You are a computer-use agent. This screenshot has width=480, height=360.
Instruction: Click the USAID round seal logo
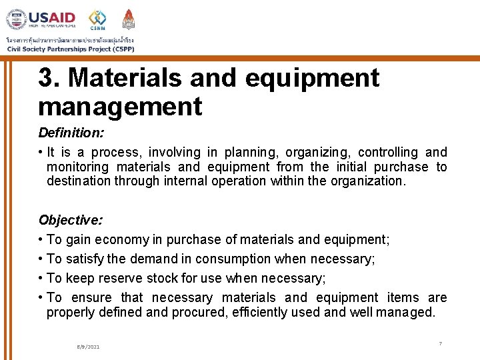coord(16,19)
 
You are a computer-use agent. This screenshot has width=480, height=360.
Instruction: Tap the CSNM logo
coord(97,19)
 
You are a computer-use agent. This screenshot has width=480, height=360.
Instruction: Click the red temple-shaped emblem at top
coord(128,19)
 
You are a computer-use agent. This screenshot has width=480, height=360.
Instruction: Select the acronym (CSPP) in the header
coord(123,49)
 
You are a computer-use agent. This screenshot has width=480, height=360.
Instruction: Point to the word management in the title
coord(120,106)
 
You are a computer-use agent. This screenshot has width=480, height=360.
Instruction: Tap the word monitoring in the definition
coord(77,167)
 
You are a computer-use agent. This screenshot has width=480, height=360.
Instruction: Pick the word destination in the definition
coord(79,181)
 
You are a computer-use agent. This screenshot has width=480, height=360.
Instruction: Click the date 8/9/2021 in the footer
coord(88,347)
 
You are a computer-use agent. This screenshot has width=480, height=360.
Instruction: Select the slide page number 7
coord(440,343)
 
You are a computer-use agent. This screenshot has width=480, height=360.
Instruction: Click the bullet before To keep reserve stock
coord(41,278)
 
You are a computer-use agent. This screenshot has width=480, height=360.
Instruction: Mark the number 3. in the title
coord(49,78)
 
